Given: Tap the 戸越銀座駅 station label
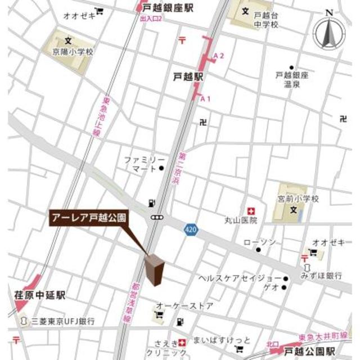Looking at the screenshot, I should click(168, 7).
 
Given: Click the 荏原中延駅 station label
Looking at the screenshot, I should click(40, 295).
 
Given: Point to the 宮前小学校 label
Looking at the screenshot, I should click(298, 199).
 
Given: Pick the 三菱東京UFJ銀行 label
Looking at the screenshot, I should click(63, 321).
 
